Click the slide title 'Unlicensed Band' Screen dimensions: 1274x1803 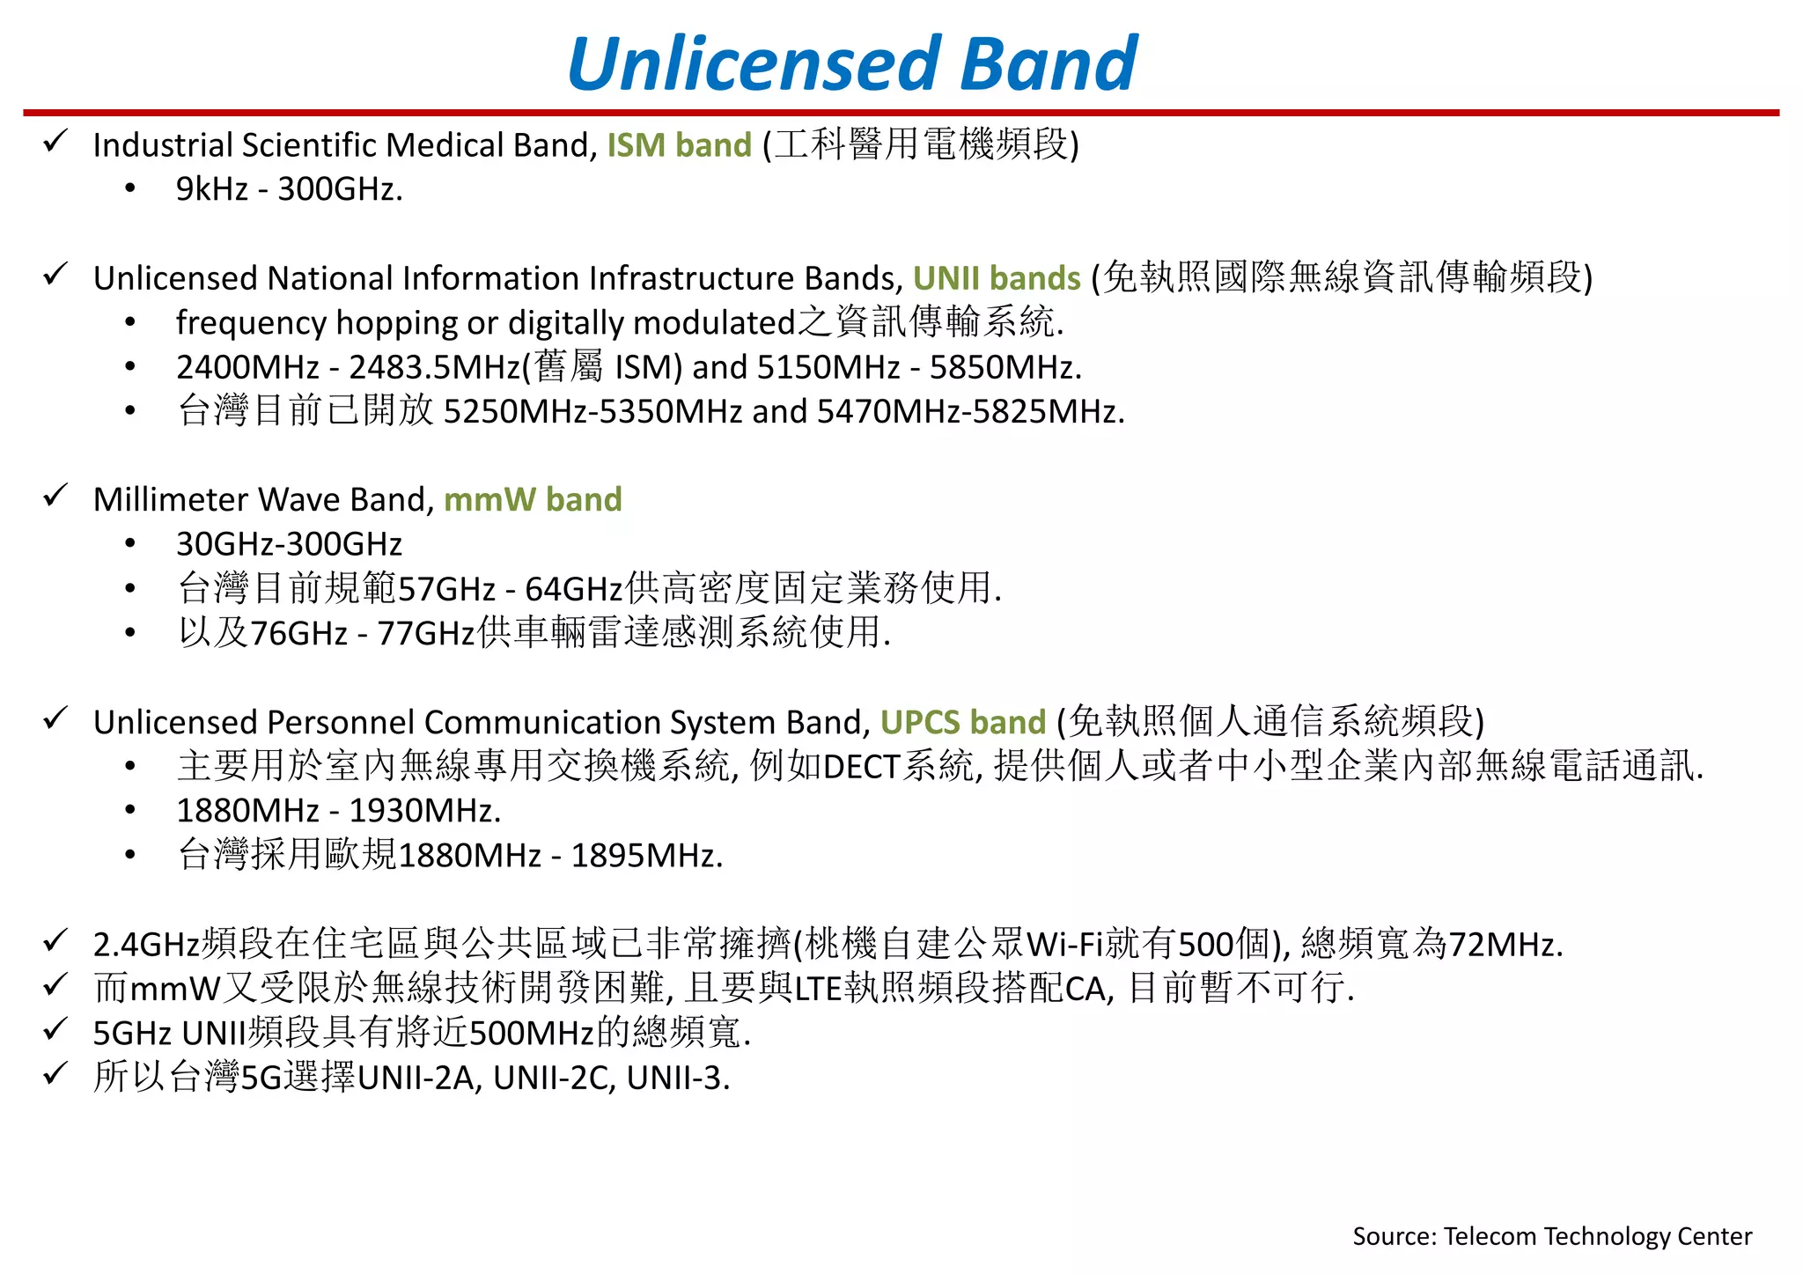[x=852, y=63]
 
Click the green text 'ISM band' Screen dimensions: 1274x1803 [x=679, y=145]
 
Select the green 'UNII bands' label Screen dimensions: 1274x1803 [x=996, y=278]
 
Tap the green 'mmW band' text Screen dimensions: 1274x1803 [x=533, y=499]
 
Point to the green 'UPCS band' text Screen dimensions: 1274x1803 [x=962, y=722]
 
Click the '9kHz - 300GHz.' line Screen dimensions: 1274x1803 [x=289, y=189]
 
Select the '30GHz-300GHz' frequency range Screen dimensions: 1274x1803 [x=289, y=544]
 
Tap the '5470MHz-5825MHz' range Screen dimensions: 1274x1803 [x=969, y=412]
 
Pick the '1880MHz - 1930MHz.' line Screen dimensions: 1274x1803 [x=338, y=811]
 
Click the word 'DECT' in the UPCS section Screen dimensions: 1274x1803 [x=861, y=767]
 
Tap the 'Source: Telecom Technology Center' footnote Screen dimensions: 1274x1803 [x=1551, y=1236]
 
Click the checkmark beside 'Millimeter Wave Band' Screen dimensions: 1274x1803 [x=55, y=496]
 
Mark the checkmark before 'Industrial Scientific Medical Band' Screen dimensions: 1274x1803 [x=55, y=141]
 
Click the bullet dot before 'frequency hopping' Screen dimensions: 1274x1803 [x=130, y=323]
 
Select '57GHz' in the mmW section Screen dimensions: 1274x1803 [x=446, y=589]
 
